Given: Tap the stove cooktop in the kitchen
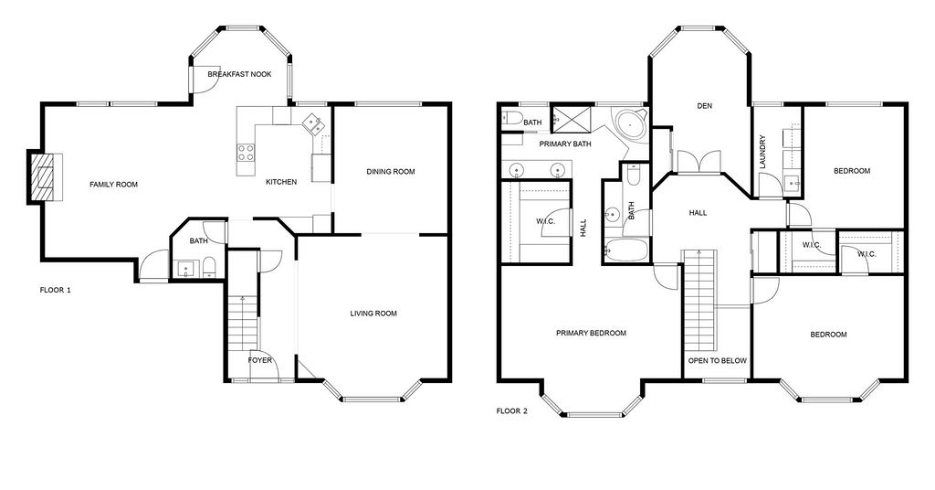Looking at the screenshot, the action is [246, 152].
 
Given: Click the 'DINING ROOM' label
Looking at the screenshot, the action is [391, 172].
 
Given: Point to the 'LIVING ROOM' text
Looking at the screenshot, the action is [373, 314].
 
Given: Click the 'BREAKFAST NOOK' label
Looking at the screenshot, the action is [240, 74].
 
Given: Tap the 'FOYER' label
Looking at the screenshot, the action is [260, 360].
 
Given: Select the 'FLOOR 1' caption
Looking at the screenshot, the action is [56, 291].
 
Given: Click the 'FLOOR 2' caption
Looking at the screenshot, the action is [512, 410].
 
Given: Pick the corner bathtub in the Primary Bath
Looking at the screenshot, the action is [631, 124].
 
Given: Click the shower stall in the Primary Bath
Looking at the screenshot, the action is [572, 118].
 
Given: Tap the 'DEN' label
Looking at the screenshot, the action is [705, 106].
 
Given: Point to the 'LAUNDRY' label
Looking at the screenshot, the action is [762, 152].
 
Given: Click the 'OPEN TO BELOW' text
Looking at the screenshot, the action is [718, 360].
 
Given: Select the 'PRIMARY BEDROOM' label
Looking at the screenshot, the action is [591, 333].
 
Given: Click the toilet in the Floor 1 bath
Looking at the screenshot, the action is [209, 267].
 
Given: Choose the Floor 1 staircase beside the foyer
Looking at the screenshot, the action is [243, 328].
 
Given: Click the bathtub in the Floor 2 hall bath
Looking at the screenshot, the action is [625, 250].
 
